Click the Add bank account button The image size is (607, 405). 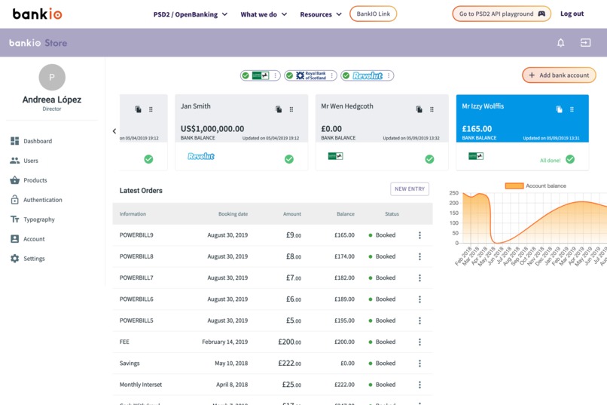pyautogui.click(x=559, y=75)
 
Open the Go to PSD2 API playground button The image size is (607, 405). pyautogui.click(x=501, y=14)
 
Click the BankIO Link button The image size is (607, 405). pyautogui.click(x=373, y=14)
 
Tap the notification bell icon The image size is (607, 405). pyautogui.click(x=560, y=43)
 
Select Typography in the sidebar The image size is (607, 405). pyautogui.click(x=38, y=219)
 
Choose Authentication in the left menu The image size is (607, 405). pyautogui.click(x=42, y=200)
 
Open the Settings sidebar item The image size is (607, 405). pyautogui.click(x=34, y=259)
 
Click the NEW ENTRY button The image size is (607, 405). pyautogui.click(x=410, y=189)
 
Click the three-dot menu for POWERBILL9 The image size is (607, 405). pyautogui.click(x=419, y=235)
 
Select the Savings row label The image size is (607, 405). pyautogui.click(x=130, y=364)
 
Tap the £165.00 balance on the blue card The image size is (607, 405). pyautogui.click(x=477, y=129)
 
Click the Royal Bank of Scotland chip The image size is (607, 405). pyautogui.click(x=310, y=75)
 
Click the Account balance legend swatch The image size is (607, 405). pyautogui.click(x=514, y=186)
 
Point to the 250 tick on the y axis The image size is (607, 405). pyautogui.click(x=453, y=193)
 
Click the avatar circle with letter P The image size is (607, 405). pyautogui.click(x=52, y=77)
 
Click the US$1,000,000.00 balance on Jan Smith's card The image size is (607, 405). pyautogui.click(x=212, y=129)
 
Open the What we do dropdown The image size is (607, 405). pyautogui.click(x=264, y=14)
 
